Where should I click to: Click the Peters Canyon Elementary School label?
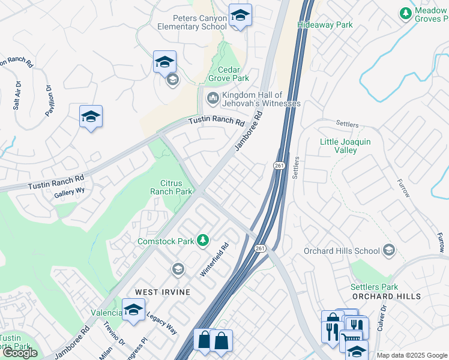point(192,22)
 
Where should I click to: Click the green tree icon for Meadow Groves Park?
point(406,13)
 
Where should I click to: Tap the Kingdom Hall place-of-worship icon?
point(212,98)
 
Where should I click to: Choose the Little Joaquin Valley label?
point(345,146)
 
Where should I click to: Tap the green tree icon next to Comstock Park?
point(203,241)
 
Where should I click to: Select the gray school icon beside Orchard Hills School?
point(389,250)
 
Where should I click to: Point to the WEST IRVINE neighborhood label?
point(163,292)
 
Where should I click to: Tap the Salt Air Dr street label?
point(17,95)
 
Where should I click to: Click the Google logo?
point(20,353)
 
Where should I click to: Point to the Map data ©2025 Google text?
point(412,355)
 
